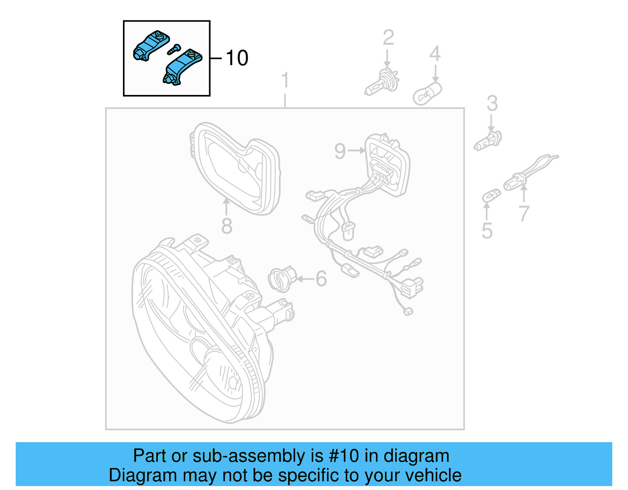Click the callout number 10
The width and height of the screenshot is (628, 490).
[237, 58]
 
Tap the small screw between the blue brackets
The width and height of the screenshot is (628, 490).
[173, 49]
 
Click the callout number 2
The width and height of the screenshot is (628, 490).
[388, 38]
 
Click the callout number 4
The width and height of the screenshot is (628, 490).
[435, 54]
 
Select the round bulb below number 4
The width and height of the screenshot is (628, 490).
[427, 93]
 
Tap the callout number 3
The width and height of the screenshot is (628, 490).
[492, 104]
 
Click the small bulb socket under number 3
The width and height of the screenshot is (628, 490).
[488, 141]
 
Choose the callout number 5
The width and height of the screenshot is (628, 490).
[487, 231]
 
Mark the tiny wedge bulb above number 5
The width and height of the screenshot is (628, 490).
[491, 195]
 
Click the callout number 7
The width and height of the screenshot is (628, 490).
[524, 214]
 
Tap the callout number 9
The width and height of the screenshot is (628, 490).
[340, 151]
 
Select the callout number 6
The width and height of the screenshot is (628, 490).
[321, 279]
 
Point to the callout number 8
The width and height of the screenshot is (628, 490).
[226, 226]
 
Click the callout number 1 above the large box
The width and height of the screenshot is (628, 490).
[285, 80]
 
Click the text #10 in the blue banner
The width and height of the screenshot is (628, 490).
[344, 456]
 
